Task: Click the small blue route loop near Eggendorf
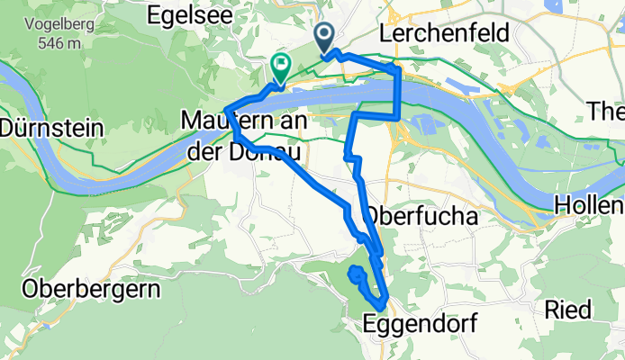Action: click(x=358, y=274)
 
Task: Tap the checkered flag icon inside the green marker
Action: click(x=281, y=63)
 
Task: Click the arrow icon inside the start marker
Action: click(x=325, y=34)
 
